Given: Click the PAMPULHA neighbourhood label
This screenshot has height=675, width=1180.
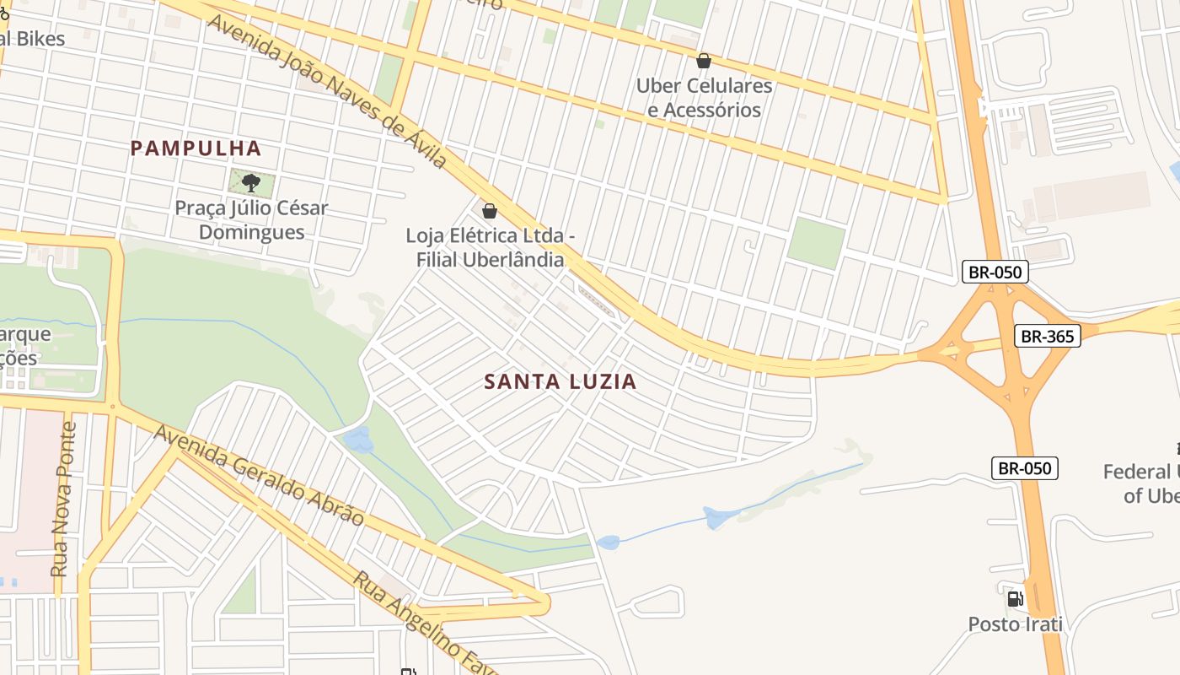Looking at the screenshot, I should pyautogui.click(x=196, y=148).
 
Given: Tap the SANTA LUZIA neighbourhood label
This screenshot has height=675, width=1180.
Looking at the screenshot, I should pyautogui.click(x=560, y=381).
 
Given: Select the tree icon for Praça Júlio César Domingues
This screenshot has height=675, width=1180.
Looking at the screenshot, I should pyautogui.click(x=250, y=182).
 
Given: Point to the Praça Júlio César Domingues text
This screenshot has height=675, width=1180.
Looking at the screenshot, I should pyautogui.click(x=251, y=219).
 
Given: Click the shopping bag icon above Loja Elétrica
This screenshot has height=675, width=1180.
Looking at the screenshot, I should pyautogui.click(x=489, y=210).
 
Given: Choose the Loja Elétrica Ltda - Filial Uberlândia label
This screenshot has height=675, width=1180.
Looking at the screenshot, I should pyautogui.click(x=490, y=248).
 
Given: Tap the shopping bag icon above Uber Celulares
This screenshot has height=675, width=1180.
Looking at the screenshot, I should pyautogui.click(x=703, y=61).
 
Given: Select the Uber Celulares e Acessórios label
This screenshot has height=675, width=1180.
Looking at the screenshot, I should pyautogui.click(x=704, y=98).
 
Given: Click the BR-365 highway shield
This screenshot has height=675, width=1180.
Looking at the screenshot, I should pyautogui.click(x=1047, y=336).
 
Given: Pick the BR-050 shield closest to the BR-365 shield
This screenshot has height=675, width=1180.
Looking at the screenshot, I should pyautogui.click(x=995, y=272).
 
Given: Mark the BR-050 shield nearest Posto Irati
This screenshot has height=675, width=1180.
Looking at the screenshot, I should pyautogui.click(x=1024, y=467).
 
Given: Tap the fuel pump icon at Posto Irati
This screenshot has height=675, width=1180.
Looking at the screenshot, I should pyautogui.click(x=1015, y=599).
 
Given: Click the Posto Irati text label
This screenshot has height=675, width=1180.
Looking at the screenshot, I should pyautogui.click(x=1015, y=624).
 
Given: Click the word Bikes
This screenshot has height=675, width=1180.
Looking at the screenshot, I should pyautogui.click(x=40, y=38).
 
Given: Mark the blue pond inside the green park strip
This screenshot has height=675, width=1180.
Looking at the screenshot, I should pyautogui.click(x=359, y=439).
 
